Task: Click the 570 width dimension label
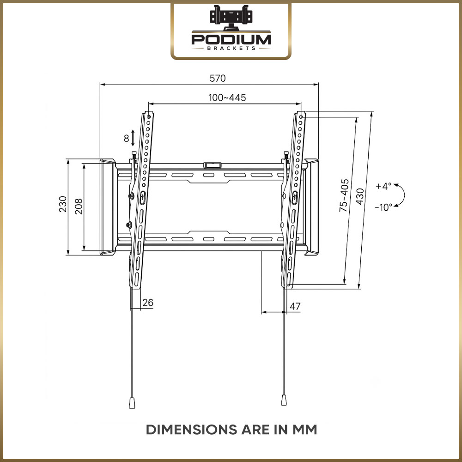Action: [218, 79]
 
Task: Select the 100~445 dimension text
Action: [227, 97]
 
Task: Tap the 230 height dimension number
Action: [63, 204]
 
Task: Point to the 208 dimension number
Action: [79, 206]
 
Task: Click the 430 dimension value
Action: [360, 196]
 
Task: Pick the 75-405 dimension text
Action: [344, 195]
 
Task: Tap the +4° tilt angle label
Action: [383, 186]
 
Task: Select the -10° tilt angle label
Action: [383, 207]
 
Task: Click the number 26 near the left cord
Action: [148, 302]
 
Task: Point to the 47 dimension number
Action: [295, 306]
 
